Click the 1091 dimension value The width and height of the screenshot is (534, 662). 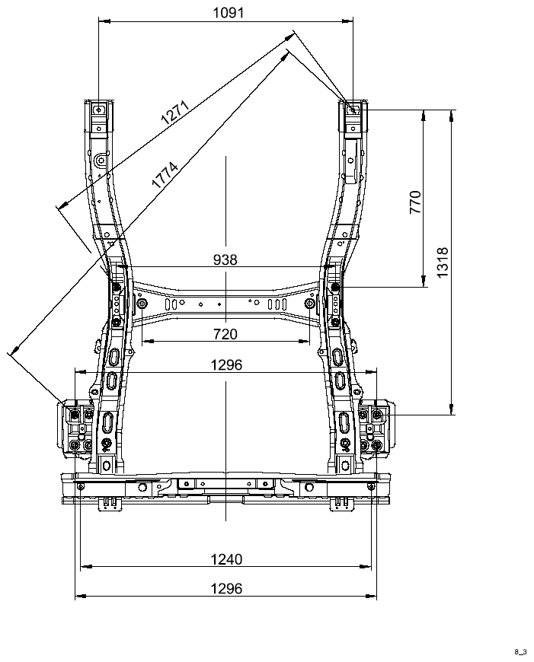click(229, 13)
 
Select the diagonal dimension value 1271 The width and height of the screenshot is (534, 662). click(174, 112)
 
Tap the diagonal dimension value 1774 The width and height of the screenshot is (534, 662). click(165, 175)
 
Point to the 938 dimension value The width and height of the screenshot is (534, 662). click(225, 259)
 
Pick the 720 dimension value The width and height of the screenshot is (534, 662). click(225, 334)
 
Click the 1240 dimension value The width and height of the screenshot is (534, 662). click(226, 559)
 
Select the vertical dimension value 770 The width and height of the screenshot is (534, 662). click(416, 202)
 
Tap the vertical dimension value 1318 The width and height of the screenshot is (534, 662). click(443, 263)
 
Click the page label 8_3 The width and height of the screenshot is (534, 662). click(520, 652)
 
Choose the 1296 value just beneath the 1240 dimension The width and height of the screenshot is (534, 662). click(226, 588)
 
